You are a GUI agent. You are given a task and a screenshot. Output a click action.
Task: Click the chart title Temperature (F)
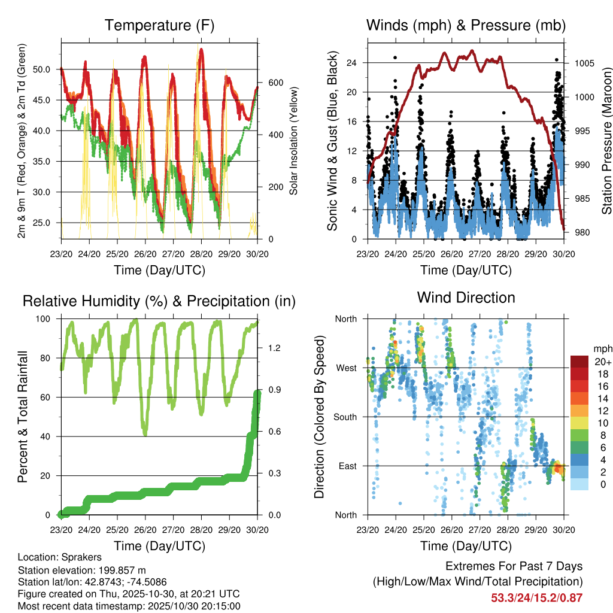pos(159,26)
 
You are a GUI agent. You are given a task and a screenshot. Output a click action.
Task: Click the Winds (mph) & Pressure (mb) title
pos(466,26)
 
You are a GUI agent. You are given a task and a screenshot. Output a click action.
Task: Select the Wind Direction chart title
pos(466,298)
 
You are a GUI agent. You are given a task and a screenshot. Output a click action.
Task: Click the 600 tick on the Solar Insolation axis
pos(270,82)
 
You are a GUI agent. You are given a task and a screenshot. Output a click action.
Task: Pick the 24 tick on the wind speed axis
pos(351,63)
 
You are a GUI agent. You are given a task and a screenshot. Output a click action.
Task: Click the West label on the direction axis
pos(345,368)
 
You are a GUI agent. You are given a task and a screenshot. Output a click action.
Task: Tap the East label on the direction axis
pos(347,466)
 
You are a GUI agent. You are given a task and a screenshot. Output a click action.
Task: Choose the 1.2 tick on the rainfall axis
pos(271,347)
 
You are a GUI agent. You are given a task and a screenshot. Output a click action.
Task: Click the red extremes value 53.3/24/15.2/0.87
pos(537,597)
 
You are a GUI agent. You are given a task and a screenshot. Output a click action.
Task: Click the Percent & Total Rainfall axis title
pos(23,417)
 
